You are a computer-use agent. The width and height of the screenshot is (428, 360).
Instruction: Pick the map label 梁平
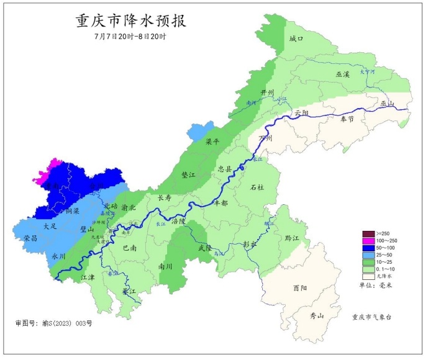212,142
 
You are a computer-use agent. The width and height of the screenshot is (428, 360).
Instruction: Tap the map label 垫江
188,176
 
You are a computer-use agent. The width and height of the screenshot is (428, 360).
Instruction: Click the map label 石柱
257,187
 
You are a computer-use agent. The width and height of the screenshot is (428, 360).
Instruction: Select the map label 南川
166,266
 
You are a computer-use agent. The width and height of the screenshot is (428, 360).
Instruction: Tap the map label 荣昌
30,238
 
